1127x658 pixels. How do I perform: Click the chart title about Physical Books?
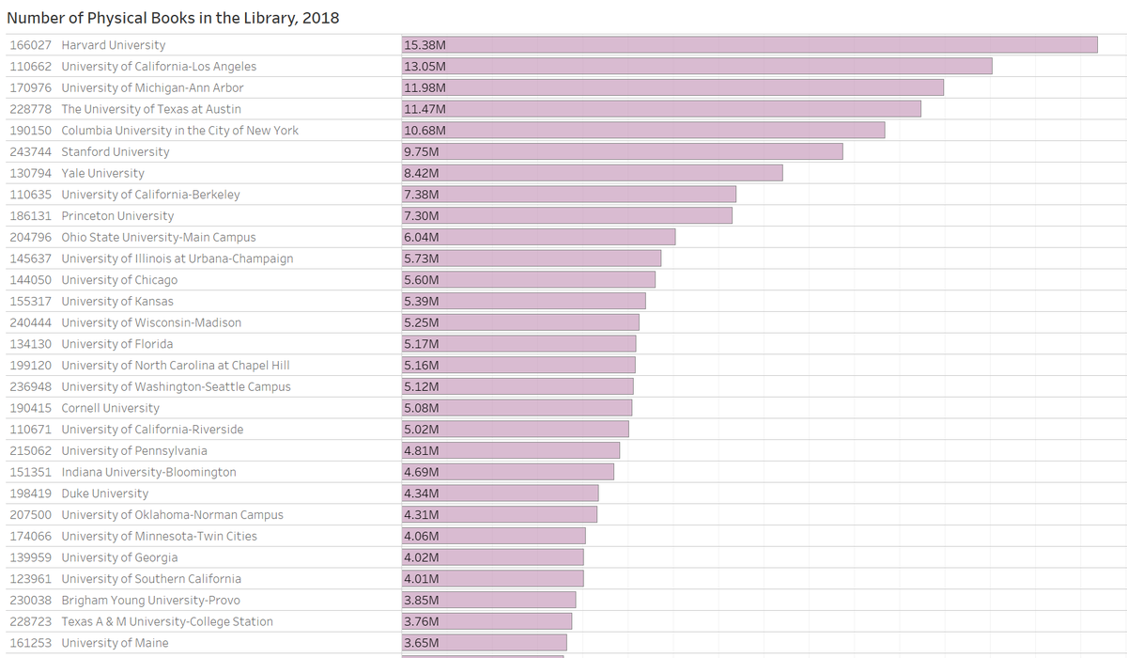point(173,18)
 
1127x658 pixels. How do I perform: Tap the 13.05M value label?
point(424,67)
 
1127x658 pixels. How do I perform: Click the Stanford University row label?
point(116,152)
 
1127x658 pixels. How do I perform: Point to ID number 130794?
point(30,173)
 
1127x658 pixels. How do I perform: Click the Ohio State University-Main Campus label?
point(159,238)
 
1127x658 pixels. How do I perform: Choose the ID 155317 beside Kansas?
point(30,302)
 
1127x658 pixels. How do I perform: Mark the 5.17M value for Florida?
point(421,344)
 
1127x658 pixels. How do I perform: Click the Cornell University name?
point(110,408)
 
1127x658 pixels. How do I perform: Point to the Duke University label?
point(105,493)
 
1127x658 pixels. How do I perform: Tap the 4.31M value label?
point(421,515)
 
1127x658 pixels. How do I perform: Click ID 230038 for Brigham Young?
point(30,601)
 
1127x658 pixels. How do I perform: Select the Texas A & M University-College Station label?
point(167,621)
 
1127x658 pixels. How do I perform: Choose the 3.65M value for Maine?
point(421,643)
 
